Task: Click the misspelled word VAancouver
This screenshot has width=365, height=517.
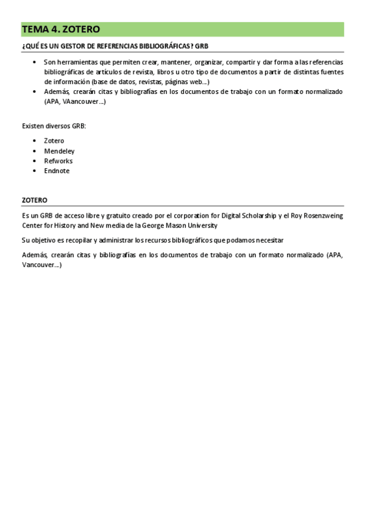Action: [x=85, y=102]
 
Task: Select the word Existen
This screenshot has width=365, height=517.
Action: [x=32, y=126]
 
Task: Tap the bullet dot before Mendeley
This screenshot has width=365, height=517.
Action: [x=35, y=151]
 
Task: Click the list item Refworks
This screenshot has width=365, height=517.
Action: [x=58, y=161]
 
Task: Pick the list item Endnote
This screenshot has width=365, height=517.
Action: [x=57, y=171]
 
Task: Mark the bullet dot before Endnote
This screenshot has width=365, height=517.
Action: [x=35, y=171]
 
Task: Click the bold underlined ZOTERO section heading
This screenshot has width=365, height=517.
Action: [x=35, y=199]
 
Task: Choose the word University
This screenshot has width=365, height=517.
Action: [x=198, y=226]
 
